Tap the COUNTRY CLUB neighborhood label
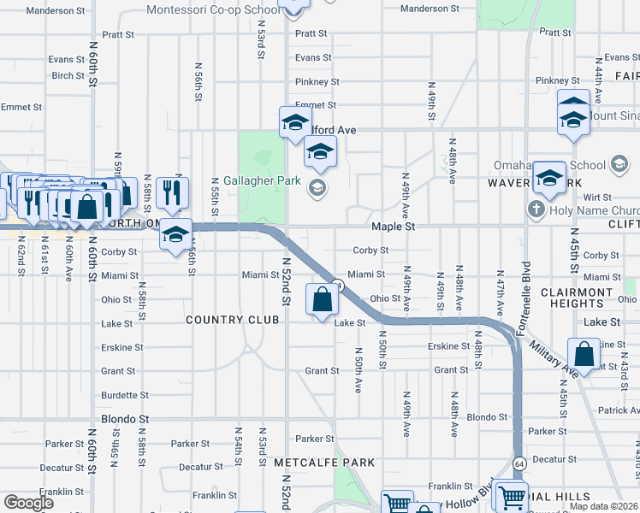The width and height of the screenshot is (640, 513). [x=233, y=320]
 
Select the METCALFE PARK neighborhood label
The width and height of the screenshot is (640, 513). [x=324, y=463]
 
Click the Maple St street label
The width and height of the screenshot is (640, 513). [x=393, y=227]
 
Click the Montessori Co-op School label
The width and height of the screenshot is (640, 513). [x=213, y=10]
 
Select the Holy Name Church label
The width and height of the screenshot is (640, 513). [x=591, y=210]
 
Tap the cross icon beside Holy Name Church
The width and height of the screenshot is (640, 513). [x=536, y=209]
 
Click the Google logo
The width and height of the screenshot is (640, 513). [x=29, y=502]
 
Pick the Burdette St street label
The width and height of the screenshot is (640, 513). [x=125, y=395]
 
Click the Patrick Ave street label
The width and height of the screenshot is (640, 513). [x=619, y=410]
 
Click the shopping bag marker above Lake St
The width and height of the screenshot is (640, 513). [x=321, y=300]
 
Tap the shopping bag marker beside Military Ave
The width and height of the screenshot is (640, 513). [x=584, y=352]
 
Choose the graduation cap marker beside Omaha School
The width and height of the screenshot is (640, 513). [x=548, y=178]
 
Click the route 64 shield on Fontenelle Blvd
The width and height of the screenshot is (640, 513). [x=519, y=463]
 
